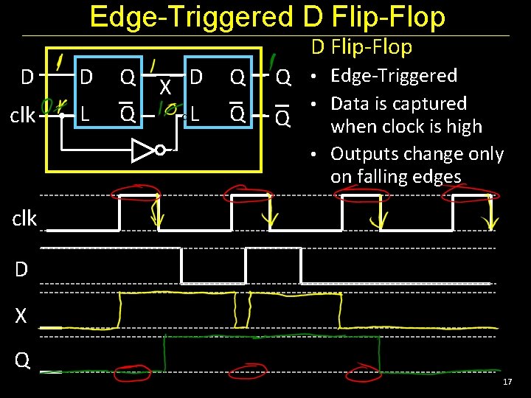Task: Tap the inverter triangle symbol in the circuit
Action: point(144,151)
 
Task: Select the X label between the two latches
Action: point(167,88)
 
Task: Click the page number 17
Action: point(507,382)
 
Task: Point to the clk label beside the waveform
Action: point(24,219)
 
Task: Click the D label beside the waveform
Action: point(21,270)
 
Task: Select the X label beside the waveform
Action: point(21,316)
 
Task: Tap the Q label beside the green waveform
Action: point(22,360)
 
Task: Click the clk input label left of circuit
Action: point(24,116)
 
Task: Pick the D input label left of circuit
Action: point(27,77)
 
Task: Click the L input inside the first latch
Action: point(85,114)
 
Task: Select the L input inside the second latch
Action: point(195,114)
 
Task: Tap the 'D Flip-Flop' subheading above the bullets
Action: point(361,47)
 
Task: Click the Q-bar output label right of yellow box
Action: point(283,117)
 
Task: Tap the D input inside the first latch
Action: point(86,77)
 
